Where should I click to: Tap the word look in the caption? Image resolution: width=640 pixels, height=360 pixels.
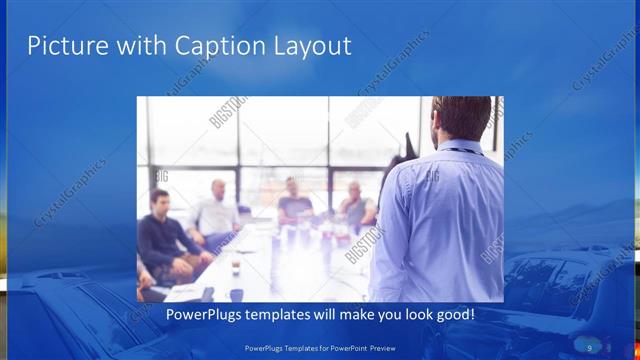414,315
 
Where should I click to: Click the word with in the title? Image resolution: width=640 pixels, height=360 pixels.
135,45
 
